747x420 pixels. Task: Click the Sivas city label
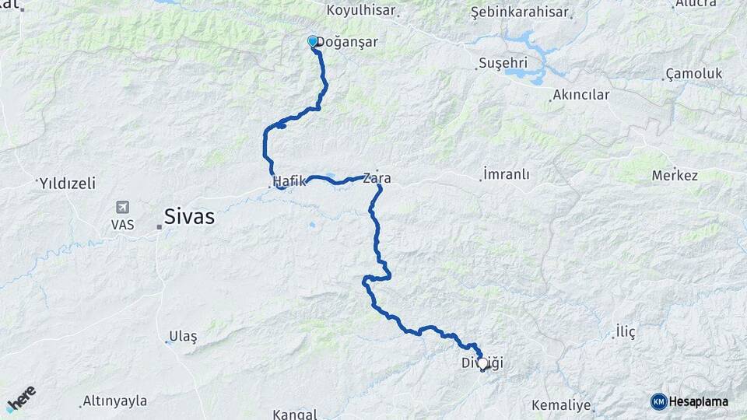pos(189,217)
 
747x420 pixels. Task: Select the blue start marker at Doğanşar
pos(313,41)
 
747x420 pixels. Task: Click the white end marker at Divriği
pos(482,362)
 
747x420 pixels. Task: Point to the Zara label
pos(377,179)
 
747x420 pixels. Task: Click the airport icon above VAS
pos(122,208)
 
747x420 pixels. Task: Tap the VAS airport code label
pos(122,224)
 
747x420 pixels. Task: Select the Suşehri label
pos(503,62)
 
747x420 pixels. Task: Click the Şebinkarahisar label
pos(521,13)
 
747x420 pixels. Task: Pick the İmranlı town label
pos(506,174)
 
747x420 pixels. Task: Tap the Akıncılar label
pos(580,96)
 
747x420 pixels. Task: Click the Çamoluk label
pos(694,74)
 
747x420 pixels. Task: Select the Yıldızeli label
pos(67,184)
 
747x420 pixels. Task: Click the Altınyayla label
pos(115,401)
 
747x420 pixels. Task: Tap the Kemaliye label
pos(561,406)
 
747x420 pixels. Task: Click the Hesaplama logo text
pos(698,401)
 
